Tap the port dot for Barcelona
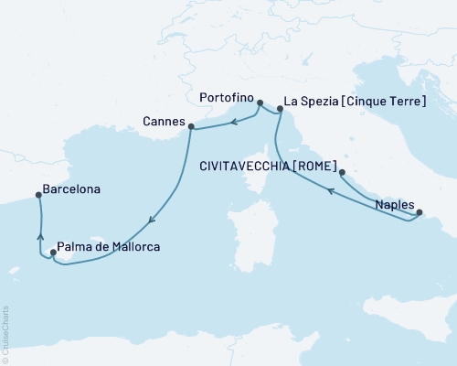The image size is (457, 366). click(x=37, y=194)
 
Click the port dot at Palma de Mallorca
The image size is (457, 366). click(x=53, y=253)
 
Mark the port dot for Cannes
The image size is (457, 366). click(x=190, y=126)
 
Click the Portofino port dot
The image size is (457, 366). click(x=260, y=103)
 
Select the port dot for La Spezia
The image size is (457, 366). click(x=280, y=108)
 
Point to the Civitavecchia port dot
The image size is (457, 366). click(x=342, y=172)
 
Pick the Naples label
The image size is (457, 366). click(x=394, y=206)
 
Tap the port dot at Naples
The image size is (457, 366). click(x=420, y=213)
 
